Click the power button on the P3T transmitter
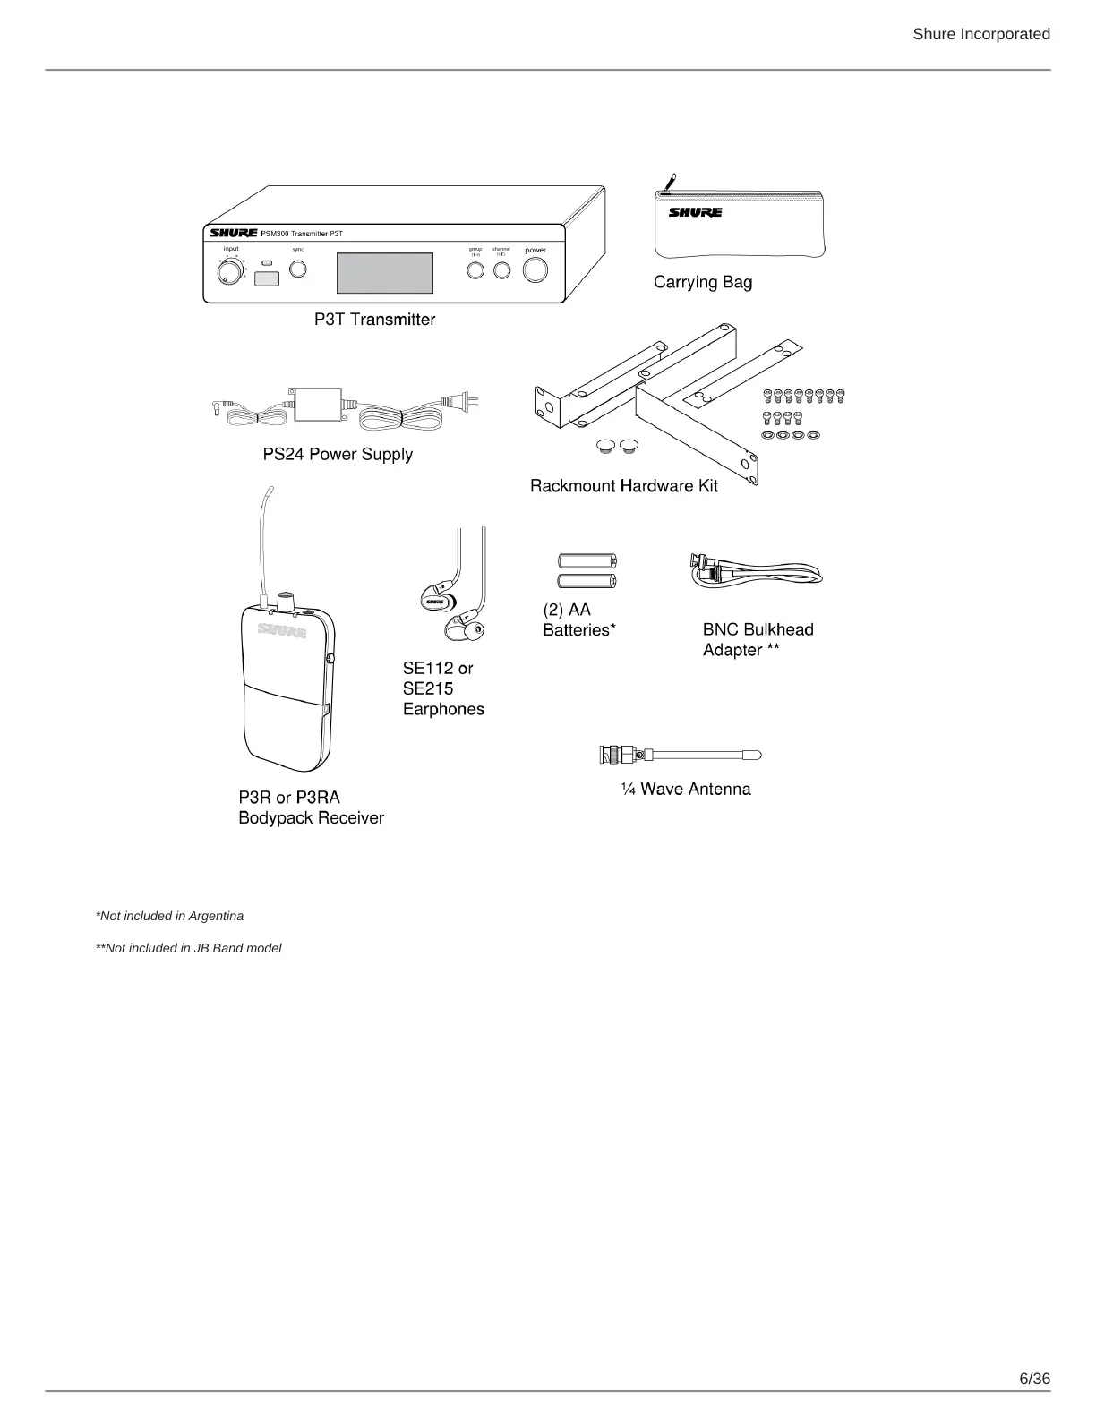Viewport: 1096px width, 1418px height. [535, 269]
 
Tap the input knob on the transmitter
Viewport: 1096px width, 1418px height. [229, 271]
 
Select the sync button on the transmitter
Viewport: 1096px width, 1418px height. [297, 269]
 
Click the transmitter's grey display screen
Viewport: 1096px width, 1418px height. [384, 273]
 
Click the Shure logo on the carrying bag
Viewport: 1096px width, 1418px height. [695, 213]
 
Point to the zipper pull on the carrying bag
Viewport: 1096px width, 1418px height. [666, 184]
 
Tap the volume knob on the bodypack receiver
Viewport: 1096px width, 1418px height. [287, 599]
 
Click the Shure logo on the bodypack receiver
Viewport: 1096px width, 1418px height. [282, 630]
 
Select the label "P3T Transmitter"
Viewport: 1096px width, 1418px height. [374, 320]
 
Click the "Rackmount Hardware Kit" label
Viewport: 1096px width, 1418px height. [623, 486]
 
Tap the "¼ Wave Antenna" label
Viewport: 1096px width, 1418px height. [686, 789]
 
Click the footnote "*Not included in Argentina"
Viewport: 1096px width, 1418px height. [169, 916]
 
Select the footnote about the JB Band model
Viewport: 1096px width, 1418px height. [188, 948]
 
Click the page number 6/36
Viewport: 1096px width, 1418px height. [1034, 1378]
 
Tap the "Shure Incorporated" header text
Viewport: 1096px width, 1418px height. [980, 34]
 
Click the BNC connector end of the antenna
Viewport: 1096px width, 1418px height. [616, 755]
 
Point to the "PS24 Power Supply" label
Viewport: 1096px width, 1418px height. [338, 454]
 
